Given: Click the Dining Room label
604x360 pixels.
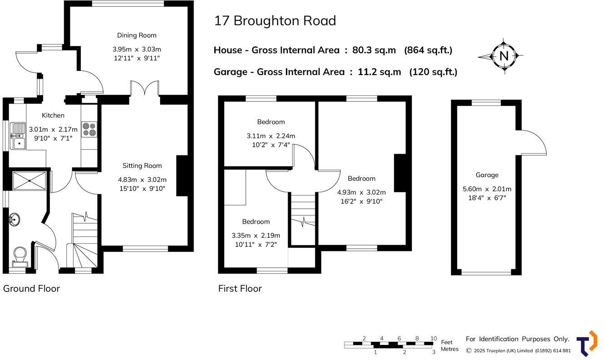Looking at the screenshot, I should (136, 35).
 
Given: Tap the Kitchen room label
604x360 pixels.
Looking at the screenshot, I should (53, 115).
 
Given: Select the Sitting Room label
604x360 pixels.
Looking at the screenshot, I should (142, 166).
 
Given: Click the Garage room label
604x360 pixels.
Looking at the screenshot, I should (487, 175).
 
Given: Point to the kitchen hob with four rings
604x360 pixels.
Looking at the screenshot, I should (89, 129).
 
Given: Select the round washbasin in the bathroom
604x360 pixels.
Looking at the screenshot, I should (14, 220).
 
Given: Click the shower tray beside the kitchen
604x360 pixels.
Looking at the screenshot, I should (29, 180).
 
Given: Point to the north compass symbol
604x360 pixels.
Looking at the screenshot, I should (504, 56).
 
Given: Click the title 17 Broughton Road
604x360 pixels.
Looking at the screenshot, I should (275, 21).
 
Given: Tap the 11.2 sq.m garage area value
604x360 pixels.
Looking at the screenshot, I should (379, 72).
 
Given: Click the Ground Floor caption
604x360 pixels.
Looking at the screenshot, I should (31, 289).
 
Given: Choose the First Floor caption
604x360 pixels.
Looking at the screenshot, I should (240, 289).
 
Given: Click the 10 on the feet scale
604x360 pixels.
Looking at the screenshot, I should (434, 339).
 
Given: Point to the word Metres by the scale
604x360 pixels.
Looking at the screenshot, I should (449, 349).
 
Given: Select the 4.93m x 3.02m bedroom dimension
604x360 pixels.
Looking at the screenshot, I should (361, 192).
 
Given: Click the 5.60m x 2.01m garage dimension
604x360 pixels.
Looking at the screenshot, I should (487, 189).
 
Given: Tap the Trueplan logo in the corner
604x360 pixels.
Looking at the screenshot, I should (587, 344).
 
